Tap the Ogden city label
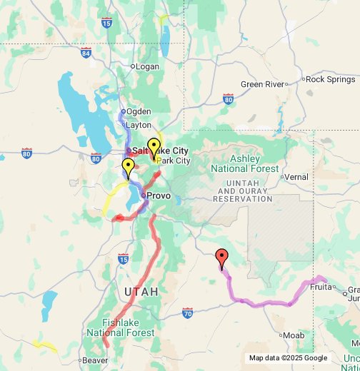(x=139, y=111)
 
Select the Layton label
(x=139, y=124)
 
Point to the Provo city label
(x=159, y=195)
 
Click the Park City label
(x=174, y=161)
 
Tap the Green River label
(x=262, y=83)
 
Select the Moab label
(x=294, y=335)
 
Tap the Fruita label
(x=321, y=286)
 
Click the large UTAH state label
(x=141, y=292)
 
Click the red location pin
(x=221, y=258)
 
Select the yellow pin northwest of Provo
(x=129, y=168)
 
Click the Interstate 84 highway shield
(x=86, y=52)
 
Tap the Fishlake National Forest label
(x=119, y=327)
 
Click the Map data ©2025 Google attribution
(x=288, y=358)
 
